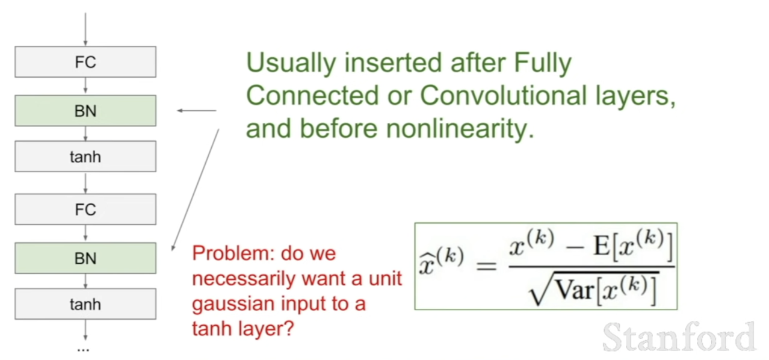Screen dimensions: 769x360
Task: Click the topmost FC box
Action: click(x=85, y=62)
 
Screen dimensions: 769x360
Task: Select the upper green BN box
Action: click(x=85, y=111)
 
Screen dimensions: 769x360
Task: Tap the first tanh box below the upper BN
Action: click(x=85, y=157)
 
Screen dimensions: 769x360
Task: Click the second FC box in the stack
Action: click(x=85, y=209)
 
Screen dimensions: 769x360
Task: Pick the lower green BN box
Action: click(x=85, y=258)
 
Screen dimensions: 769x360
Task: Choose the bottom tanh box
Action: click(x=85, y=303)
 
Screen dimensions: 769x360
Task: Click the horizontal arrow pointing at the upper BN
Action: click(x=197, y=111)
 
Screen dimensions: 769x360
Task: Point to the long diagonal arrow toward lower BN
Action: click(x=196, y=190)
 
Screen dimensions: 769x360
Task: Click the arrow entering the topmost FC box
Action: click(x=85, y=29)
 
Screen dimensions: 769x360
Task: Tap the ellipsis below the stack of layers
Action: click(x=83, y=350)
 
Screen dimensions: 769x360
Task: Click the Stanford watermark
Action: click(x=679, y=337)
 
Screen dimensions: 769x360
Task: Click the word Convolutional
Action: click(x=504, y=95)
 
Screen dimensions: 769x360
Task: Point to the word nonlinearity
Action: click(x=460, y=129)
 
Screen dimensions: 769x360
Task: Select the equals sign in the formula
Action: click(x=486, y=266)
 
